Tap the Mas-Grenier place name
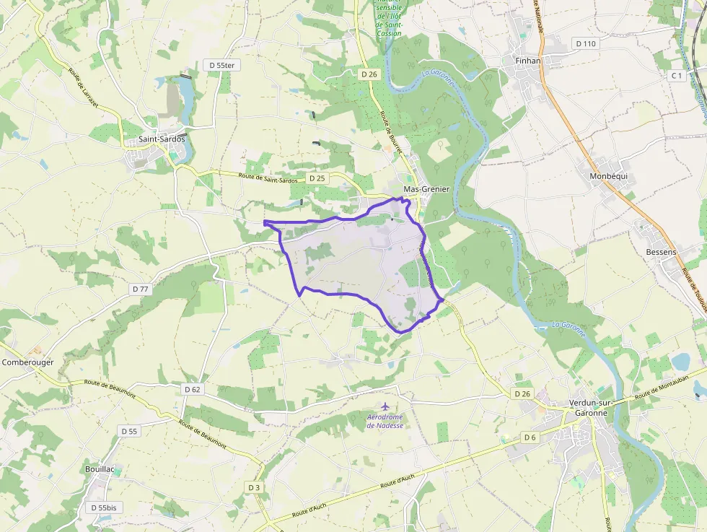(426, 189)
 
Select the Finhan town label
(528, 61)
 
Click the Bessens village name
(661, 252)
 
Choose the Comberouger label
(27, 362)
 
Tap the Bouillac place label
(100, 469)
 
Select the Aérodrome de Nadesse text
(385, 422)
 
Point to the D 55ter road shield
(222, 65)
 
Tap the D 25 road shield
(317, 178)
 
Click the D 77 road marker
(140, 289)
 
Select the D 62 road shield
(192, 389)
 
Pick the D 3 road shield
(253, 487)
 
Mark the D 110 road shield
(587, 43)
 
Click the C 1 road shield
(676, 75)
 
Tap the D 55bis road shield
(104, 507)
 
